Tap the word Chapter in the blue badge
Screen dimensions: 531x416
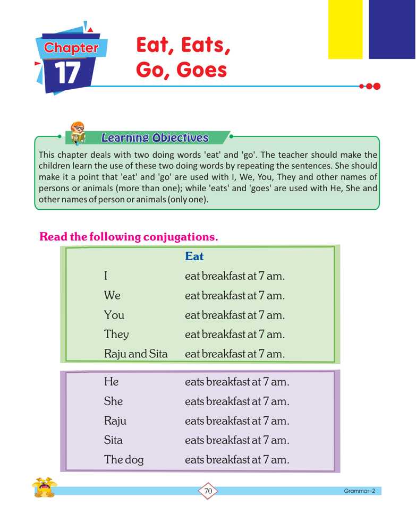point(71,48)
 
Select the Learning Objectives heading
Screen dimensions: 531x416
point(155,138)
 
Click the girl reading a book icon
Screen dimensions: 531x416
point(77,134)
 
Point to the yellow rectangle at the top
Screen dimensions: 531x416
point(345,29)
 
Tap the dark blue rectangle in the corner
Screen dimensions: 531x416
point(392,29)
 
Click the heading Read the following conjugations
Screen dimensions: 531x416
point(129,237)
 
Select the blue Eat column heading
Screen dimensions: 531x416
point(194,256)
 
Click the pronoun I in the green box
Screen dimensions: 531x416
point(106,276)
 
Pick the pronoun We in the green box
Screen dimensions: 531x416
point(112,296)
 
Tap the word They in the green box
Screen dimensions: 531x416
point(116,335)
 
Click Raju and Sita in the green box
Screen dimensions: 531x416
point(135,354)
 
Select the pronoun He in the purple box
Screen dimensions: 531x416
point(111,382)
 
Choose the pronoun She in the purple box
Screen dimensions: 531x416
point(113,401)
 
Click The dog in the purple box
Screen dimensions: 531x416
point(124,460)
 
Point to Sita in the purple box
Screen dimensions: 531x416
point(113,440)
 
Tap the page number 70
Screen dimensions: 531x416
point(208,492)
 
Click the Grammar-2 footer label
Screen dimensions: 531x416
point(359,491)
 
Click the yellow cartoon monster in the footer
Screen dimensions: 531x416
point(44,487)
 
